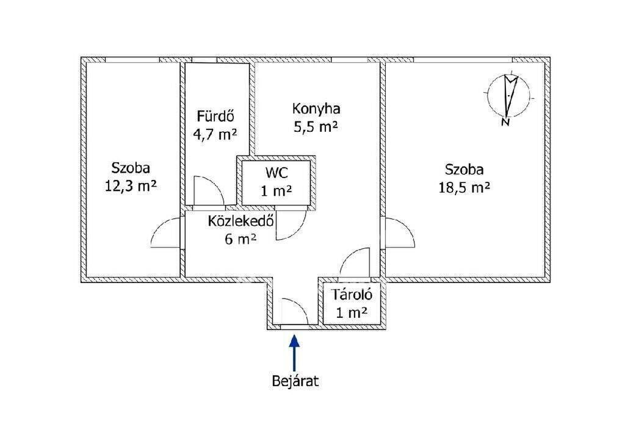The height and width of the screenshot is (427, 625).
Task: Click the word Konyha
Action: (316, 109)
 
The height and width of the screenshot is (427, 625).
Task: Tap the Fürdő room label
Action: (215, 117)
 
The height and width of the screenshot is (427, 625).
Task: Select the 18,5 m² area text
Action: (464, 187)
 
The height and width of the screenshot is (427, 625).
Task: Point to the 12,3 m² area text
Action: (131, 185)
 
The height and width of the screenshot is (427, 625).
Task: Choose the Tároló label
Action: (352, 295)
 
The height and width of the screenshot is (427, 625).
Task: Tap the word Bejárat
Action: (295, 381)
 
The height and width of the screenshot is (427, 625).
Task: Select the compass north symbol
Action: (509, 96)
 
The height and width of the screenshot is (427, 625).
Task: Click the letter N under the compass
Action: (506, 122)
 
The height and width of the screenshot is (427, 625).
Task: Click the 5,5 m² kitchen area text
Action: (316, 127)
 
